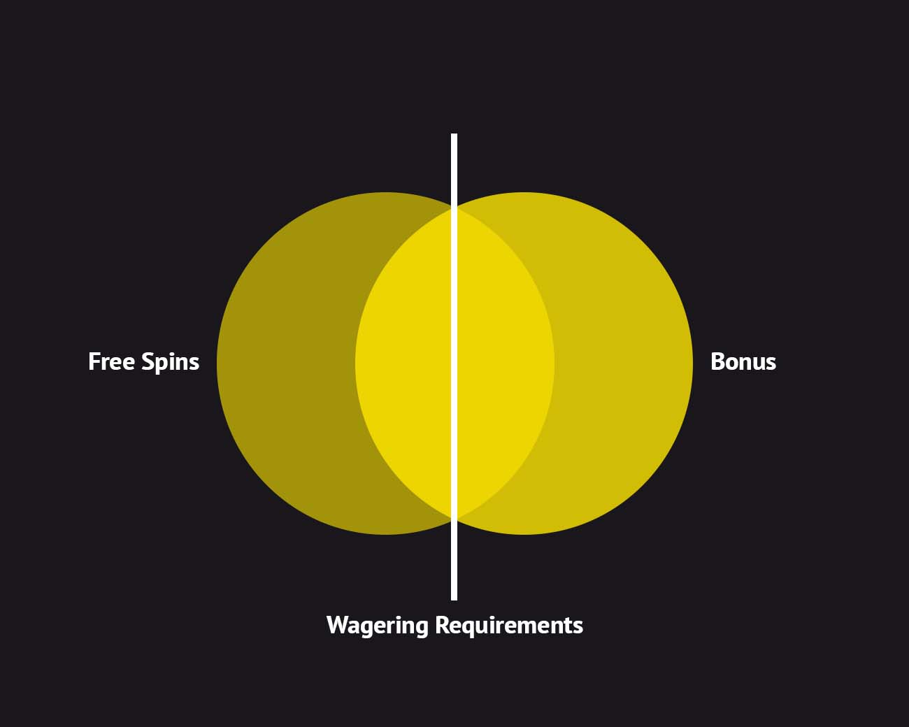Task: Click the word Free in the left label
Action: [112, 361]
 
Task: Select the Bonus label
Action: [743, 361]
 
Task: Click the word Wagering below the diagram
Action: [378, 625]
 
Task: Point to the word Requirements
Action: [508, 625]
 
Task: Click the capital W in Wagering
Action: [338, 624]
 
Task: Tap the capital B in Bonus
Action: [717, 361]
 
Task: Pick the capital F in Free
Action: [94, 361]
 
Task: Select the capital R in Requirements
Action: [441, 624]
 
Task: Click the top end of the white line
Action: [454, 136]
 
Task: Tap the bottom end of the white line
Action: [454, 598]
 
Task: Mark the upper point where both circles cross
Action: [454, 208]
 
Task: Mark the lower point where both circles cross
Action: [454, 519]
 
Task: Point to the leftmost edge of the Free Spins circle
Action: [217, 363]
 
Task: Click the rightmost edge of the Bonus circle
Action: [692, 363]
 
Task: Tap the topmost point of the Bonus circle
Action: [524, 193]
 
